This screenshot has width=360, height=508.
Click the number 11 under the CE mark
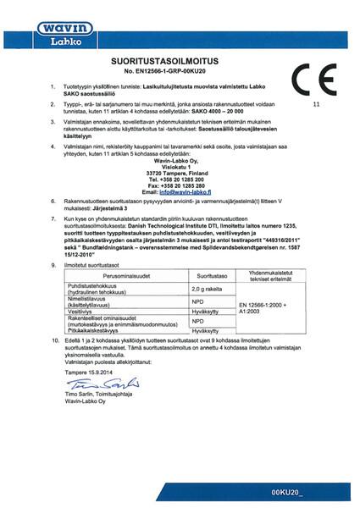317,105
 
